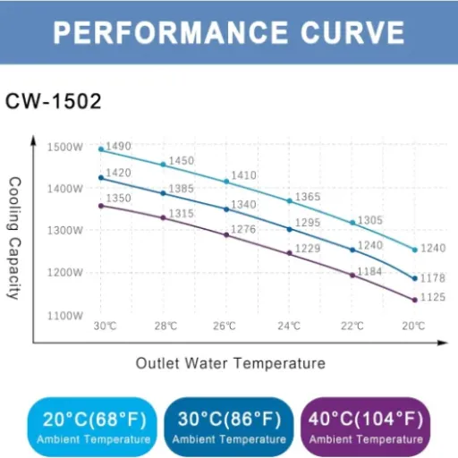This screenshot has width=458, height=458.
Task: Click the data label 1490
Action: [x=119, y=146]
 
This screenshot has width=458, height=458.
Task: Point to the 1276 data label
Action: [x=243, y=230]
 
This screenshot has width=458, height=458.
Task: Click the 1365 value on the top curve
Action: [x=308, y=197]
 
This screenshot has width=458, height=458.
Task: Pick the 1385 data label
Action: [x=182, y=189]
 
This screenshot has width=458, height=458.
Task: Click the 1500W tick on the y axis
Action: [x=65, y=147]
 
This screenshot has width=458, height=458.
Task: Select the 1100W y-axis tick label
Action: [x=65, y=315]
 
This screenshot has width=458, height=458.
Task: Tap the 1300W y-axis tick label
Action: [x=65, y=231]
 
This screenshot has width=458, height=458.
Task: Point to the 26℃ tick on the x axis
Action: [x=225, y=326]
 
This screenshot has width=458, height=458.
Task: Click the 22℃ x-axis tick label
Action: [x=352, y=326]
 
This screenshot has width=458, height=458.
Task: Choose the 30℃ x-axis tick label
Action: [x=105, y=326]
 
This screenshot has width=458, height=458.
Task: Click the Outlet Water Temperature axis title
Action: [x=230, y=363]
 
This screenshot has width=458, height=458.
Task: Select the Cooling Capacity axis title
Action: [x=14, y=238]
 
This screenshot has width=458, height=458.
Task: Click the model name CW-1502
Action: [x=54, y=101]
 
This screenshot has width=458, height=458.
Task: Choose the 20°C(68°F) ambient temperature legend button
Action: [x=93, y=426]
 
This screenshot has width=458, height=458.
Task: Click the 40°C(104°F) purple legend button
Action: [x=367, y=426]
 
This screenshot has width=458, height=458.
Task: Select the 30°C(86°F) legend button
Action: [x=229, y=426]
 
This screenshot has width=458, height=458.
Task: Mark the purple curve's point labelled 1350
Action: [x=100, y=206]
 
